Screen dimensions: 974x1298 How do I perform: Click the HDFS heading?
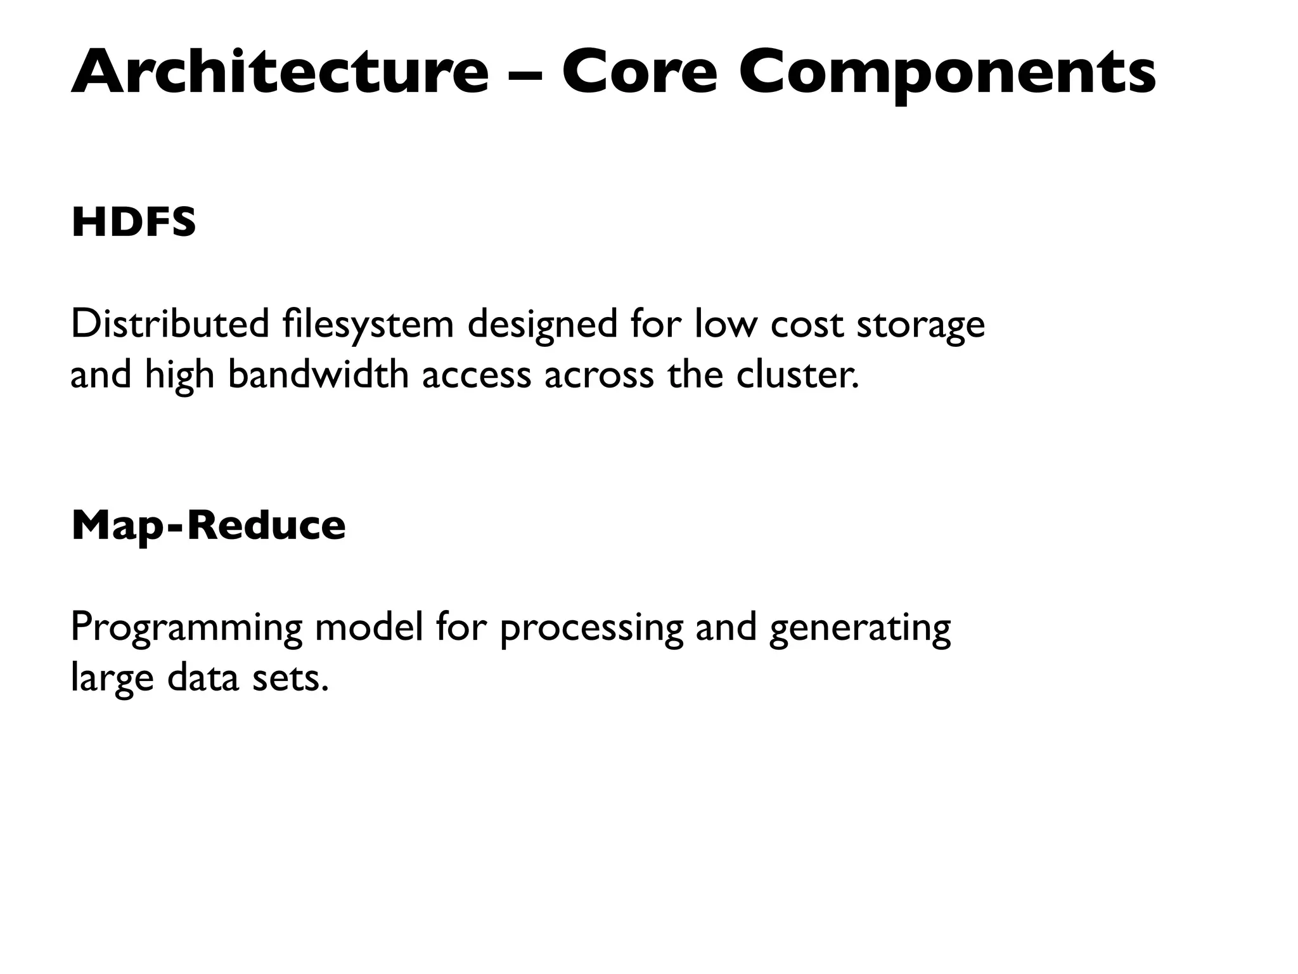[x=134, y=223]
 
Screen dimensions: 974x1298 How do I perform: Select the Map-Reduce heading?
[x=209, y=526]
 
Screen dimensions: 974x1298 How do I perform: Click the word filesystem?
[x=368, y=325]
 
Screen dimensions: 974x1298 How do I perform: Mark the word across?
[x=598, y=375]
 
